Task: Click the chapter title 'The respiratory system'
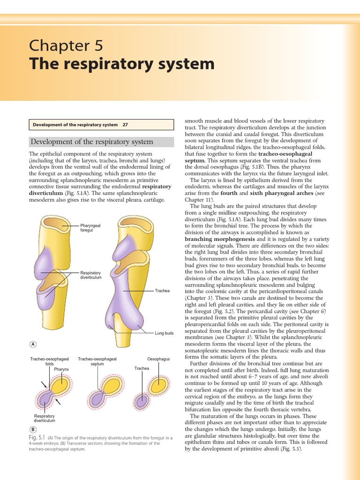[x=122, y=64]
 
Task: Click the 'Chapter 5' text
[x=65, y=45]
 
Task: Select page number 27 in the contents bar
[x=125, y=125]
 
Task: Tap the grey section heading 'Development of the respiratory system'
[x=92, y=142]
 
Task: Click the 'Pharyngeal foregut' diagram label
[x=90, y=228]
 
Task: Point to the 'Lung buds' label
[x=164, y=333]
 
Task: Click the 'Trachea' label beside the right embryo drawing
[x=162, y=291]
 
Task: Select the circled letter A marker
[x=33, y=344]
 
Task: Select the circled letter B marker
[x=33, y=429]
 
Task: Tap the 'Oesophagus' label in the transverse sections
[x=158, y=359]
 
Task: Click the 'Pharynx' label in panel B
[x=61, y=369]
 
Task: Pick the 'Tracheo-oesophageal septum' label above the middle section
[x=97, y=361]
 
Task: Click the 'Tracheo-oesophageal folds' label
[x=50, y=361]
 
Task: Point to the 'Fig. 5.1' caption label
[x=37, y=437]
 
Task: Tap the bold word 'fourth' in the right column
[x=229, y=193]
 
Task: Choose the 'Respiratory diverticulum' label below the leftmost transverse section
[x=45, y=418]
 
